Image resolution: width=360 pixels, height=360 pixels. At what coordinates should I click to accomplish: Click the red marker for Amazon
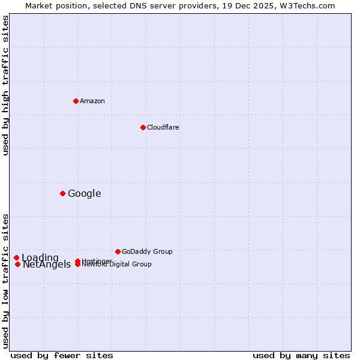point(76,101)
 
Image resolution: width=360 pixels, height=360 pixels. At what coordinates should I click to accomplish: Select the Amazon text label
point(92,101)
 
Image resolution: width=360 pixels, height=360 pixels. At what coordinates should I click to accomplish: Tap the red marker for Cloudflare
point(143,127)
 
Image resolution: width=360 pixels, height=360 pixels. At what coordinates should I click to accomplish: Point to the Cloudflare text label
point(163,127)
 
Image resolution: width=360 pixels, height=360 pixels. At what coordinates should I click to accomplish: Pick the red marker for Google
point(62,193)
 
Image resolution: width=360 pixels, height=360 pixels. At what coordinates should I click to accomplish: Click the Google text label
point(84,193)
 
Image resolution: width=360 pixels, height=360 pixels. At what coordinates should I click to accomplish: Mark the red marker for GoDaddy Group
point(118,251)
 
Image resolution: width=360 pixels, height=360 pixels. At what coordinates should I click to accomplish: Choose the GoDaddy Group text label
point(147,251)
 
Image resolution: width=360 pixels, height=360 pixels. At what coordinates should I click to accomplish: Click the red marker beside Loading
point(16,258)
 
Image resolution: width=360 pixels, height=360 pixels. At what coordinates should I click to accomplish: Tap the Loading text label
point(40,258)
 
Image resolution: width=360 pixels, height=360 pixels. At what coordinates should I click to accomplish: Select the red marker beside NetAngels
point(17,264)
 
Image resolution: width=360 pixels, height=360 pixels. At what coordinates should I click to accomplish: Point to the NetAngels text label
point(47,265)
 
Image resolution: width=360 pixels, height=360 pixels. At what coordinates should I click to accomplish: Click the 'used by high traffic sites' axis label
point(6,86)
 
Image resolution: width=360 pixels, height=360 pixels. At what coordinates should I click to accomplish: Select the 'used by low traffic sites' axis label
point(6,281)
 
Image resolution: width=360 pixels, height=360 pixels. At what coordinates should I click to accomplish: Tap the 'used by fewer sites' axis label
point(62,355)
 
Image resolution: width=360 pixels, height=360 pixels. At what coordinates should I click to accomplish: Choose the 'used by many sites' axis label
point(301,355)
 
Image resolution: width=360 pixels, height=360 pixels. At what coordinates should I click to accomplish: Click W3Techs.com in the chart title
point(306,5)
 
